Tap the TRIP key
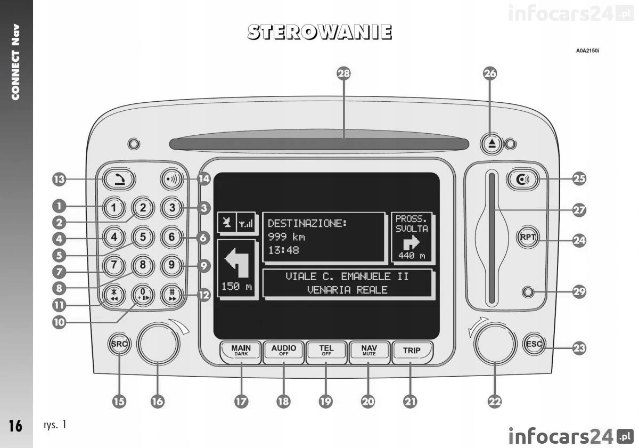(411, 351)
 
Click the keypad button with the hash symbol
(172, 294)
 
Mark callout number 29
(579, 291)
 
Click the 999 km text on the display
(286, 237)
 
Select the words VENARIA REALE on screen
(347, 290)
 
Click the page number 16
(15, 426)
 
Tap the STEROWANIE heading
(319, 32)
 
